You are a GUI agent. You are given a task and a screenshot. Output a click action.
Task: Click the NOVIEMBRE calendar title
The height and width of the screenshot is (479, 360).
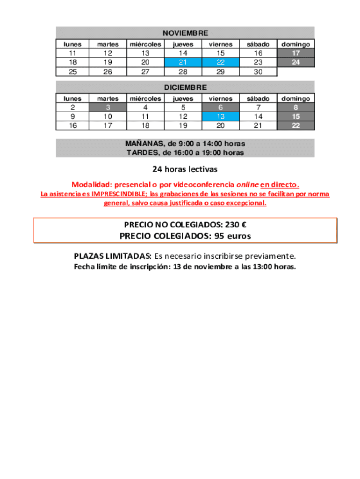185,33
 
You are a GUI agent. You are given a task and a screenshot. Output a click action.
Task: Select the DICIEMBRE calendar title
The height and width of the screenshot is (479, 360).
185,87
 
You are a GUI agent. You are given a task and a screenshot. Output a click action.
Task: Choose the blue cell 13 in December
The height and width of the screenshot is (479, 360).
221,116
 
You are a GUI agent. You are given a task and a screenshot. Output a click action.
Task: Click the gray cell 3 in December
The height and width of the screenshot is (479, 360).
108,108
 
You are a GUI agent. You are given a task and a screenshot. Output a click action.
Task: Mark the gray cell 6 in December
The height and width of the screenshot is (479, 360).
221,108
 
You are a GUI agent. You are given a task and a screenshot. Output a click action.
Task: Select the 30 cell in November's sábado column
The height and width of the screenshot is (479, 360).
258,72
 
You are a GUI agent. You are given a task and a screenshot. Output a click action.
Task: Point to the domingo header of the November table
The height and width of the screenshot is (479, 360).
295,44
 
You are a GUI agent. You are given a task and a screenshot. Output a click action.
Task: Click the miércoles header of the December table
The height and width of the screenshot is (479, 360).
145,99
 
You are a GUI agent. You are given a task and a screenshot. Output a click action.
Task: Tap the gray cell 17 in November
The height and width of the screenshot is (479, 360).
295,53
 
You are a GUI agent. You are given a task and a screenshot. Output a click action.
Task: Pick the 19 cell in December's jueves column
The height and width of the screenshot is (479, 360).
183,126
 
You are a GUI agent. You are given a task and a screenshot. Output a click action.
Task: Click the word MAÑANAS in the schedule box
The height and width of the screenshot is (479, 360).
144,144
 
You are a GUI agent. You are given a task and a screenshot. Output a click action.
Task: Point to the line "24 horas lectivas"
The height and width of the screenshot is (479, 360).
185,169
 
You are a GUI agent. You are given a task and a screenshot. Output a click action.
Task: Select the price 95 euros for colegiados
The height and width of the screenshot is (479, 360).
232,236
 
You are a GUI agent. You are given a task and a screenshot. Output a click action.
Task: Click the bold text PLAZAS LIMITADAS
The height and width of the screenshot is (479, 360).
112,256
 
